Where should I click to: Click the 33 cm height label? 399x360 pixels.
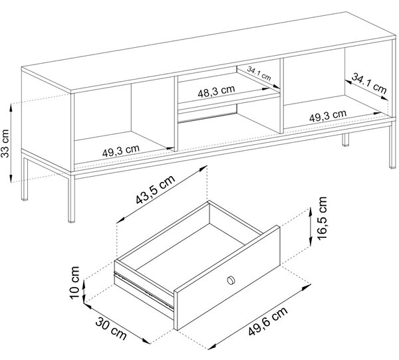tap(5, 143)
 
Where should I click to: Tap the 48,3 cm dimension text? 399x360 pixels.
tap(216, 92)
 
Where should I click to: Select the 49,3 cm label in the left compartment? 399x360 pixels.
tap(121, 151)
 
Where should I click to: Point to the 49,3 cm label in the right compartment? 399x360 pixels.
tap(328, 116)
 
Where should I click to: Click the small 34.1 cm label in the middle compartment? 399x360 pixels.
tap(259, 74)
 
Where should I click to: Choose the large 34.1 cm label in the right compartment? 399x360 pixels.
tap(369, 83)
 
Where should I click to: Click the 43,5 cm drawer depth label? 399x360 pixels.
tap(156, 189)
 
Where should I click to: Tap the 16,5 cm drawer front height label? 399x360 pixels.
tap(322, 218)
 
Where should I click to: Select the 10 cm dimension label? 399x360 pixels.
tap(74, 283)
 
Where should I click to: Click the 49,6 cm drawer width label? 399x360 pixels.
tap(268, 321)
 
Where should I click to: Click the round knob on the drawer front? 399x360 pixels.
tap(231, 280)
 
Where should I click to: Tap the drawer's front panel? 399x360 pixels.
tap(227, 278)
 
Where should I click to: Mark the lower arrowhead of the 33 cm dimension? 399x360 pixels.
tap(11, 179)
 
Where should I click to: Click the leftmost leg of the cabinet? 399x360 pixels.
tap(25, 179)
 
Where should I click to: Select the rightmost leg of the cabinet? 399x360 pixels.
tap(392, 146)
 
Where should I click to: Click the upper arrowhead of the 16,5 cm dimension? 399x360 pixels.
tap(310, 211)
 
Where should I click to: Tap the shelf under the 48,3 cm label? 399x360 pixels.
tap(229, 98)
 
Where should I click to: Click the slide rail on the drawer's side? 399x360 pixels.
tap(144, 290)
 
